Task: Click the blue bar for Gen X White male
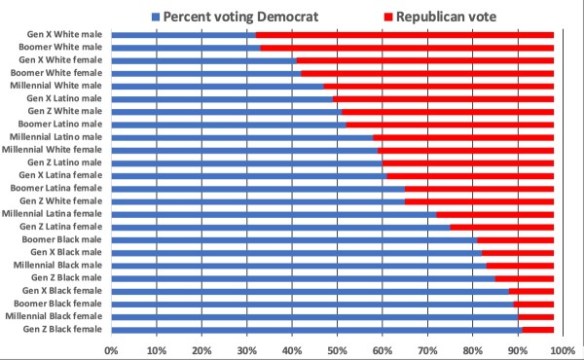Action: [184, 35]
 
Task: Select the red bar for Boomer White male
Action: [407, 48]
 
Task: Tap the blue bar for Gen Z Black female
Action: [317, 330]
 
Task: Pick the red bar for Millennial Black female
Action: [536, 317]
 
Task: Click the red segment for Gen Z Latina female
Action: [502, 228]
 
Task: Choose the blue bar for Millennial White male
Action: [217, 87]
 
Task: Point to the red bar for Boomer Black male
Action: [516, 240]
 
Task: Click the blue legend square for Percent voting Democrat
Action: [156, 17]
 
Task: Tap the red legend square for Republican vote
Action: [388, 17]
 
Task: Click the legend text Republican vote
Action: [446, 17]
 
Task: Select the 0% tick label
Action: [111, 350]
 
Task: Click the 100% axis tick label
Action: [564, 350]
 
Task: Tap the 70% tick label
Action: [427, 350]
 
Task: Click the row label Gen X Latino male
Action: [64, 98]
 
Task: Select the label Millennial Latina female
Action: [52, 214]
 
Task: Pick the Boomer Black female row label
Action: [57, 304]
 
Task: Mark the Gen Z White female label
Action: [60, 201]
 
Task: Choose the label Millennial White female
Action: [52, 150]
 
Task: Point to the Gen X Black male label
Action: [66, 252]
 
